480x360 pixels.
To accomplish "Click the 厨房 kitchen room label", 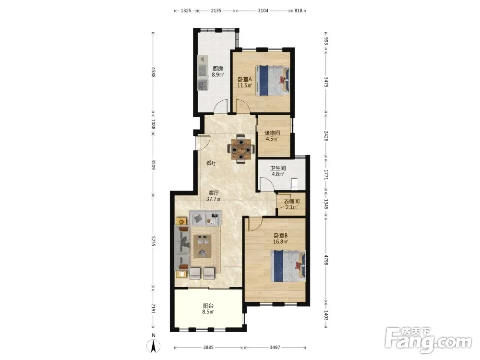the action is [x=218, y=69].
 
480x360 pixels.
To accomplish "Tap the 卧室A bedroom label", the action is [x=245, y=79].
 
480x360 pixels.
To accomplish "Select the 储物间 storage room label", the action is [x=272, y=133].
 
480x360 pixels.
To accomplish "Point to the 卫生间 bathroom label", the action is [x=278, y=168].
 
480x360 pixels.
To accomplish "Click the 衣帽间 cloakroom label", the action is [x=292, y=202].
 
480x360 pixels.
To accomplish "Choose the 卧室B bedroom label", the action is [x=281, y=236].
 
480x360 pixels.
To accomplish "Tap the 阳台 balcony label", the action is [x=208, y=306].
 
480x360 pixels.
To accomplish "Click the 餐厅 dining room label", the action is [x=212, y=163].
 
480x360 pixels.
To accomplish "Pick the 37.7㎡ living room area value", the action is [x=214, y=199].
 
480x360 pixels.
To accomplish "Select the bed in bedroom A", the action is [x=273, y=81].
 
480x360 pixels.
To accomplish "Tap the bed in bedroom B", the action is [x=288, y=266].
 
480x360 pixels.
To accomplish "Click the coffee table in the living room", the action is [x=203, y=246].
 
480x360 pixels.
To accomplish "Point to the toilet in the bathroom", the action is [x=294, y=183].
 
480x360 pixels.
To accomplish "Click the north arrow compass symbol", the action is [x=154, y=346].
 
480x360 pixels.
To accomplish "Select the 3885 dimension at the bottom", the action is [x=208, y=348].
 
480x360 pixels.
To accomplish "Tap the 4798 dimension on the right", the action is [x=326, y=260].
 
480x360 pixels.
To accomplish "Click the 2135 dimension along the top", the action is [x=216, y=11].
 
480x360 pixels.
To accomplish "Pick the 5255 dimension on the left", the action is [x=154, y=241].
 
